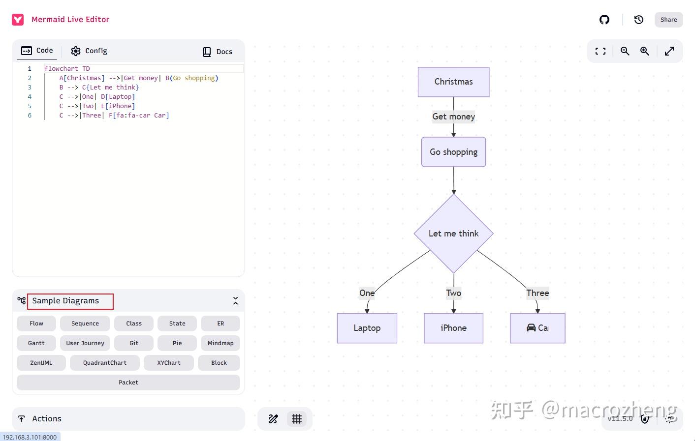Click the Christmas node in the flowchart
(x=453, y=82)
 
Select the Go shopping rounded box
(x=453, y=152)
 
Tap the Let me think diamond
(x=453, y=234)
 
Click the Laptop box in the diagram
(x=367, y=328)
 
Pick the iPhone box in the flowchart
(x=453, y=328)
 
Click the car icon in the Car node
(x=531, y=328)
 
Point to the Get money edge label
(x=453, y=117)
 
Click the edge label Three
(x=537, y=293)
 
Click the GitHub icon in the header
(x=604, y=20)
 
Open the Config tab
(x=89, y=51)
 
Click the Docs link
(x=218, y=52)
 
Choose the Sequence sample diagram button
(x=85, y=323)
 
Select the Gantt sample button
(x=36, y=343)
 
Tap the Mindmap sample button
(x=221, y=343)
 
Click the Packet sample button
(x=128, y=382)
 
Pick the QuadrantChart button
(x=105, y=363)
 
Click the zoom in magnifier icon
(x=644, y=51)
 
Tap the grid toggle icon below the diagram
(x=297, y=419)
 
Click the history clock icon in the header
(x=639, y=20)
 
